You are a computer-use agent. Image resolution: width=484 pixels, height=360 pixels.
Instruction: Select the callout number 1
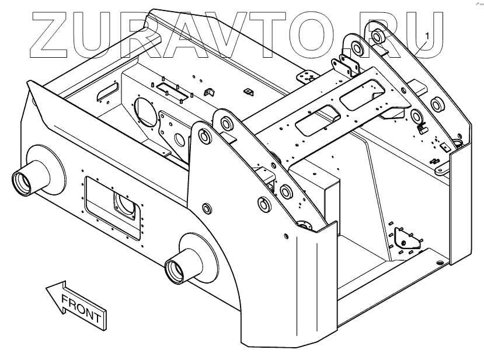pyautogui.click(x=427, y=36)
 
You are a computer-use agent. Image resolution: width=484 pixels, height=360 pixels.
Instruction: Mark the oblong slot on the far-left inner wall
pyautogui.click(x=107, y=91)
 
